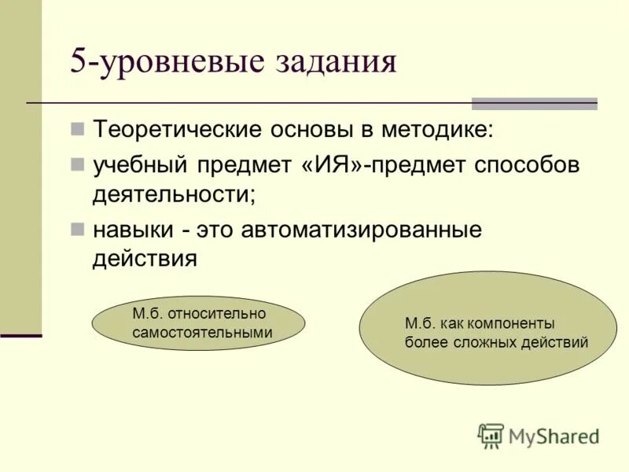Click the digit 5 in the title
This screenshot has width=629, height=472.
click(x=79, y=61)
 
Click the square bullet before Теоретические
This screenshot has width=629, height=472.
click(x=77, y=128)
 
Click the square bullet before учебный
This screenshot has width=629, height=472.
click(x=77, y=164)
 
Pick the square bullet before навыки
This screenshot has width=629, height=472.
click(x=77, y=229)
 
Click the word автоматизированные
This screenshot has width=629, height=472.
click(x=361, y=230)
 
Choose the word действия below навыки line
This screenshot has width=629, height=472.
click(x=145, y=259)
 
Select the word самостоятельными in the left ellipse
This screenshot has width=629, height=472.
click(x=202, y=332)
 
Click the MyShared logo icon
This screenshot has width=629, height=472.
click(x=491, y=435)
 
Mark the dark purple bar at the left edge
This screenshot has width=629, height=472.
click(x=20, y=336)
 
